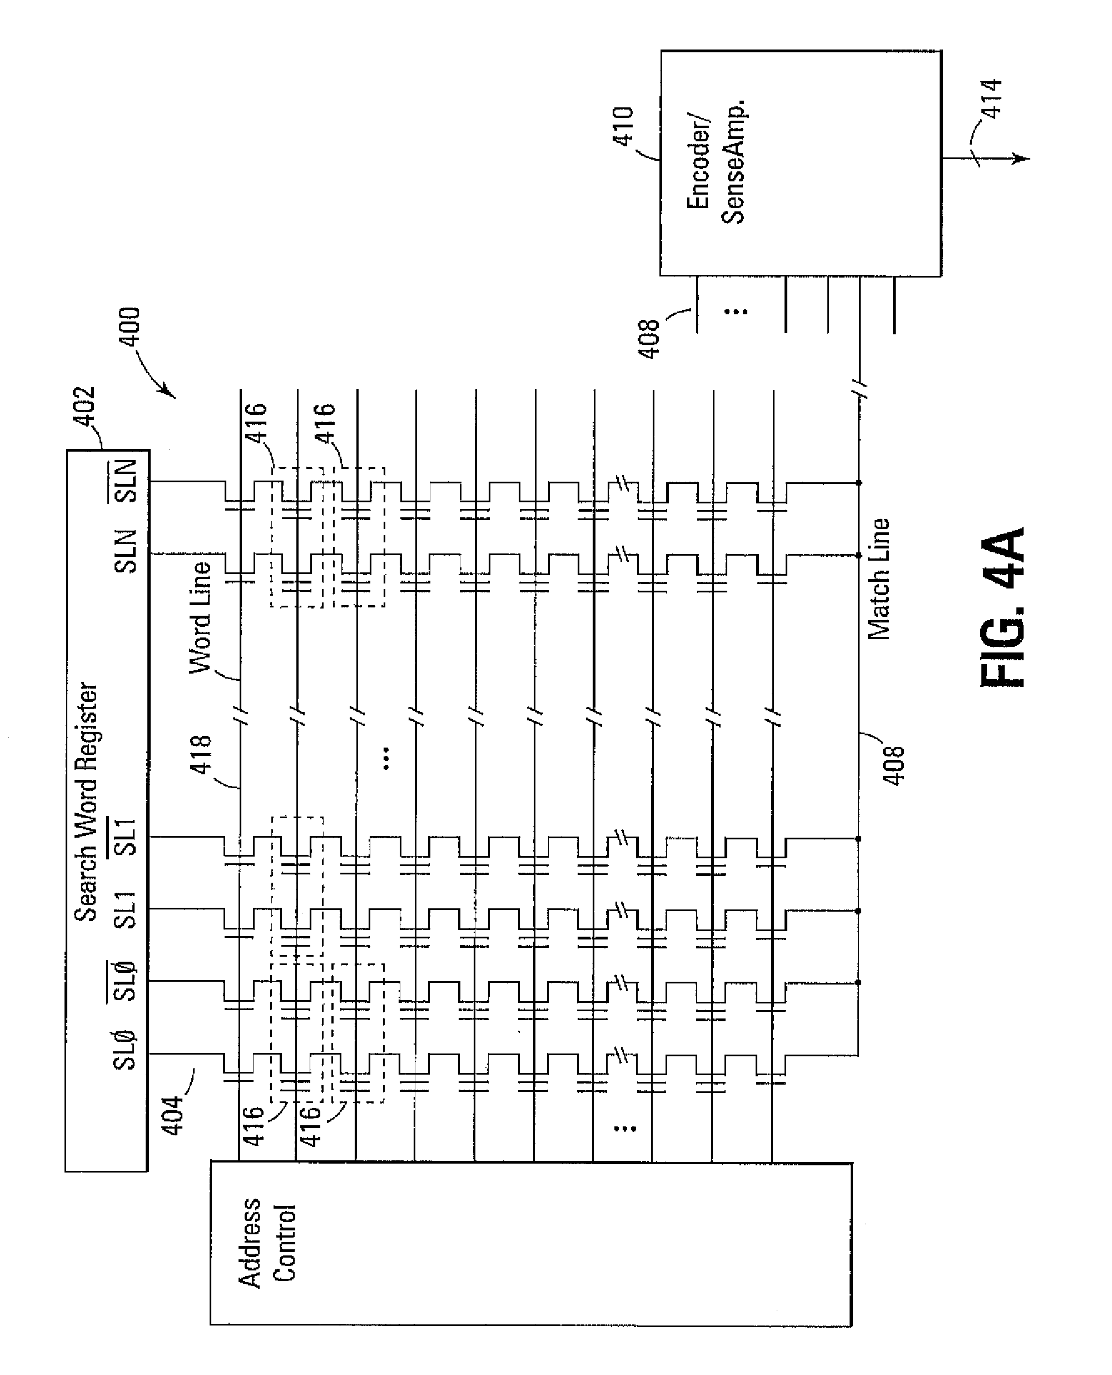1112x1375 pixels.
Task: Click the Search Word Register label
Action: [x=86, y=801]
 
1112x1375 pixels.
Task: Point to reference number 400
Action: [x=130, y=327]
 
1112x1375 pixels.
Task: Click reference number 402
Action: [x=84, y=405]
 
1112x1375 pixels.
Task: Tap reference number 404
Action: [x=172, y=1116]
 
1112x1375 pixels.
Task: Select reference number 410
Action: [x=623, y=126]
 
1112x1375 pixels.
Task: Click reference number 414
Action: [x=991, y=98]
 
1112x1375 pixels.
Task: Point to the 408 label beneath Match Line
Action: [x=893, y=764]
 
